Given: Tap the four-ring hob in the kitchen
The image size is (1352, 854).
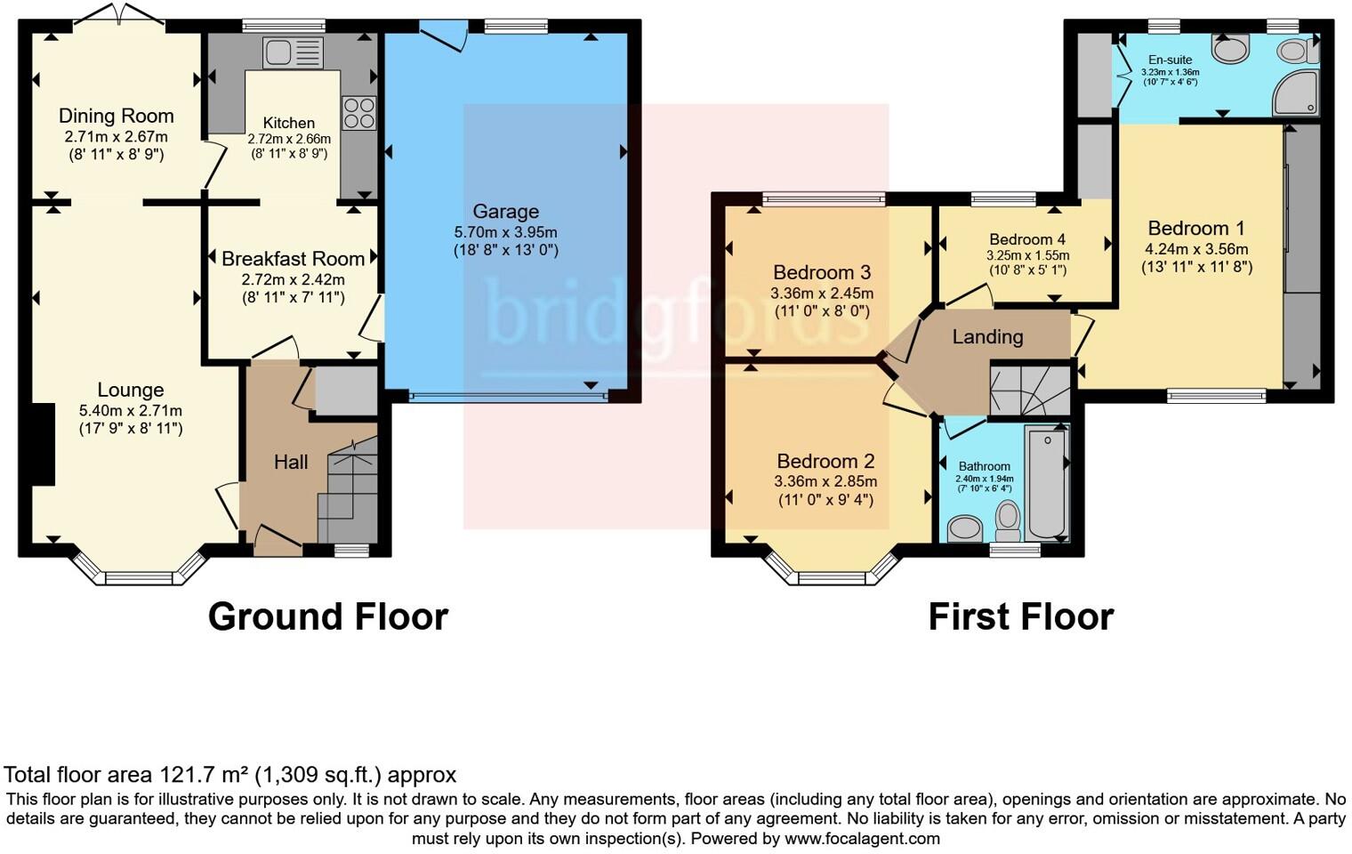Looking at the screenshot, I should pyautogui.click(x=359, y=112).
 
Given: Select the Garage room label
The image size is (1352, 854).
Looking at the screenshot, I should pyautogui.click(x=505, y=212).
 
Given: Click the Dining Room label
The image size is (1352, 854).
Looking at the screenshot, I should pyautogui.click(x=116, y=116).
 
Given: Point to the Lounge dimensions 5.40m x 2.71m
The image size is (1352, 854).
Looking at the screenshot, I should pyautogui.click(x=130, y=411).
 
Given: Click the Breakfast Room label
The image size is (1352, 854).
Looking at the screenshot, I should pyautogui.click(x=293, y=259).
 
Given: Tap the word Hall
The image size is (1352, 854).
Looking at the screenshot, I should pyautogui.click(x=291, y=462).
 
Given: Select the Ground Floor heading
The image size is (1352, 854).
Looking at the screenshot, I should pyautogui.click(x=327, y=616).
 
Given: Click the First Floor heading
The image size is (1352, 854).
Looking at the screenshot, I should pyautogui.click(x=1020, y=616).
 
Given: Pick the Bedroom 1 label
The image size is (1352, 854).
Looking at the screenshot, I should pyautogui.click(x=1195, y=229).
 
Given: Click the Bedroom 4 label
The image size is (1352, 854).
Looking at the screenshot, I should pyautogui.click(x=1027, y=239).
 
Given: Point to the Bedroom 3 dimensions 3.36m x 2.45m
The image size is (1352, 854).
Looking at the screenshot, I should pyautogui.click(x=821, y=293).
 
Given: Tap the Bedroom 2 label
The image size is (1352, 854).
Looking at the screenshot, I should pyautogui.click(x=825, y=461).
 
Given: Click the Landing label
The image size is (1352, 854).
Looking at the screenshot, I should pyautogui.click(x=987, y=336).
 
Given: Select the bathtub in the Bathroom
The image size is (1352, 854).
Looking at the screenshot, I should pyautogui.click(x=1047, y=482).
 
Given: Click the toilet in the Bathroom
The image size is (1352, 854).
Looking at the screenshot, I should pyautogui.click(x=1008, y=520).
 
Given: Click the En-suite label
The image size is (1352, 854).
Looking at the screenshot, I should pyautogui.click(x=1170, y=60).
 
